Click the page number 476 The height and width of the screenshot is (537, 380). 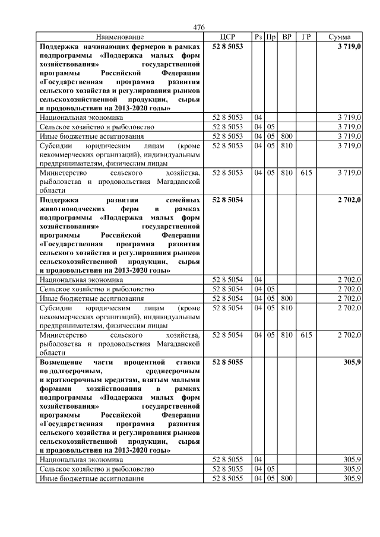[199, 27]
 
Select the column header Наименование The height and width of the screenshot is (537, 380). [119, 37]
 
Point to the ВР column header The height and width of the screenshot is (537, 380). [287, 37]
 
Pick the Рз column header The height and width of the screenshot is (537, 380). [258, 37]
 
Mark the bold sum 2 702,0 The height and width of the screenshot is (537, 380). [349, 201]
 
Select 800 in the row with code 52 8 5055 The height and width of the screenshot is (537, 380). [287, 478]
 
